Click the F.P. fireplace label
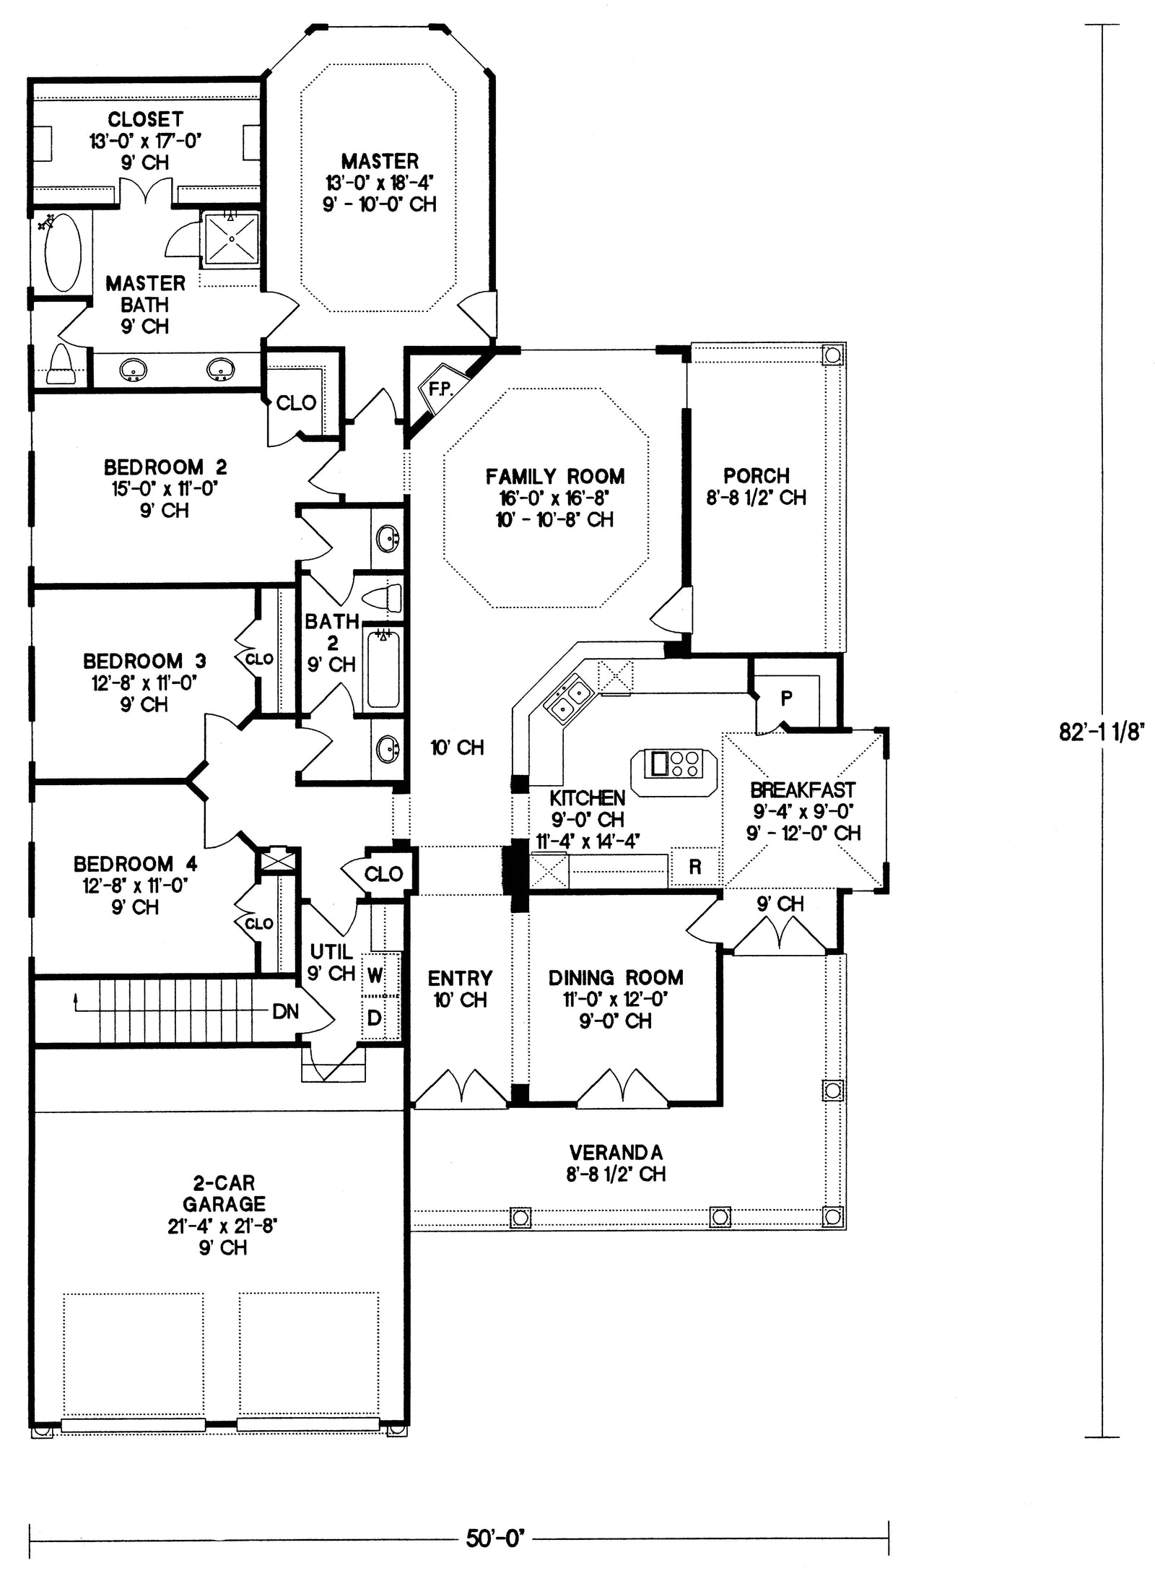tap(440, 389)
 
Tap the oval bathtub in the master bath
tap(64, 252)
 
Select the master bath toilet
tap(61, 365)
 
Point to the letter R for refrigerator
tap(694, 867)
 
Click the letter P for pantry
tap(786, 698)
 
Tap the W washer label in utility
tap(375, 976)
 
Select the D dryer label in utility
tap(374, 1018)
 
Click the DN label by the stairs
tap(286, 1012)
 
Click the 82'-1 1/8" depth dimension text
tap(1102, 732)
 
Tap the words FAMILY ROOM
tap(554, 477)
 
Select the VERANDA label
tap(616, 1152)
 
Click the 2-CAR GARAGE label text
tap(224, 1193)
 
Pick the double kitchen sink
tap(570, 698)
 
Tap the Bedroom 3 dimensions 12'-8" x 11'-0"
tap(144, 683)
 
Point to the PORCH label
tap(756, 476)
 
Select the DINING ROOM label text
tap(616, 978)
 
